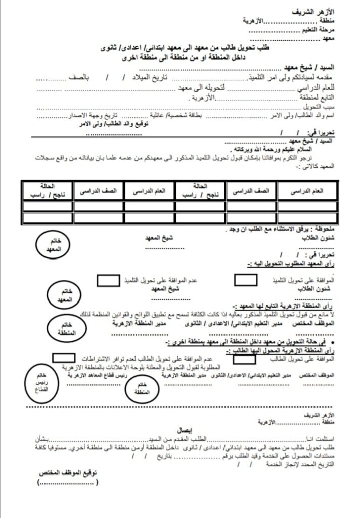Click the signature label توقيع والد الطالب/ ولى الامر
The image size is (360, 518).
tap(124, 123)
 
